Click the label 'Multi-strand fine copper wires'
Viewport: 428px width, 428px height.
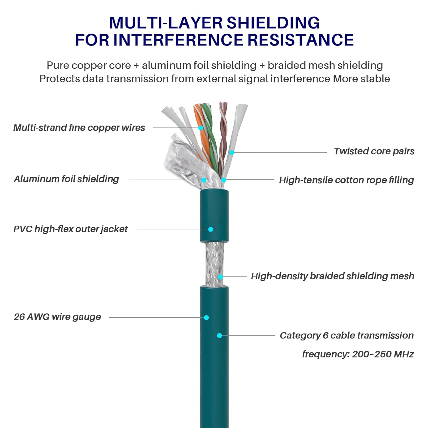[x=79, y=128]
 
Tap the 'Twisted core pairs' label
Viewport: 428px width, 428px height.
[x=374, y=151]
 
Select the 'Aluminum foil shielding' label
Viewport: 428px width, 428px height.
[x=66, y=179]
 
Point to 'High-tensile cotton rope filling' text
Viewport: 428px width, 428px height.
[x=346, y=180]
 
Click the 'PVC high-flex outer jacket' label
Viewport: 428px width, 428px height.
[x=70, y=229]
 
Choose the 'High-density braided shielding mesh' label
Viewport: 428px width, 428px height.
[x=332, y=276]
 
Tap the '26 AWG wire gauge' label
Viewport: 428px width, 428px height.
[x=57, y=317]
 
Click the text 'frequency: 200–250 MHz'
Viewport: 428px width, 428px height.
[x=358, y=354]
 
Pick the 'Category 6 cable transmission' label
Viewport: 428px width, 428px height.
[x=346, y=335]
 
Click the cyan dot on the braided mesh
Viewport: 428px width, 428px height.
[x=221, y=277]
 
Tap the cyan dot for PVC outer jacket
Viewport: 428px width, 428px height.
[x=211, y=229]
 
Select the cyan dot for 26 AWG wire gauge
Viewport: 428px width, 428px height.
[x=206, y=318]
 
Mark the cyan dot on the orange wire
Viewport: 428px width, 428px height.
[x=201, y=128]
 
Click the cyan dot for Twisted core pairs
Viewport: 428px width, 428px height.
[x=232, y=153]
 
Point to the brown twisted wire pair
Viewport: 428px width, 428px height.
[x=222, y=137]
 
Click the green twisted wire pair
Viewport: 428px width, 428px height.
[x=210, y=134]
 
